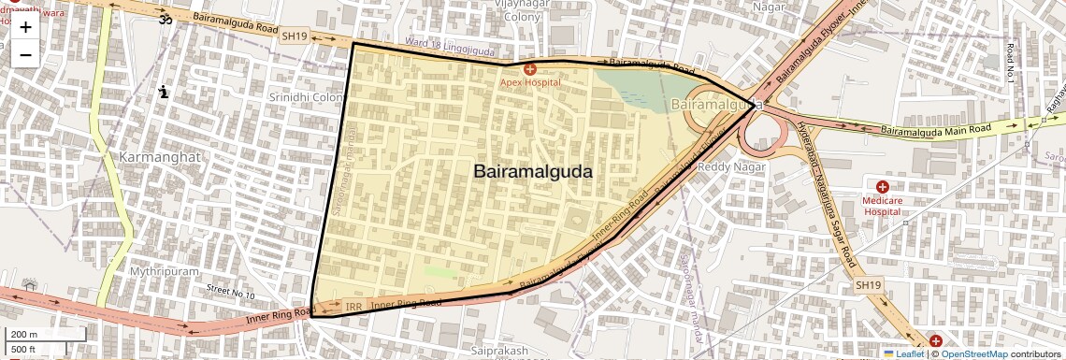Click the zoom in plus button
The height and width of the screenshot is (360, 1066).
25,26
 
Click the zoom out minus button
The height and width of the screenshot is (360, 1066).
25,54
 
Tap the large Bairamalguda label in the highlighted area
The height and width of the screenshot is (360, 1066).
533,172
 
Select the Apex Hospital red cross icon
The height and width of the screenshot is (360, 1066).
530,68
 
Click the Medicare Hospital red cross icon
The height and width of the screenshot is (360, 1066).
882,187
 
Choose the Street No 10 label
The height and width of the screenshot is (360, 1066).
230,294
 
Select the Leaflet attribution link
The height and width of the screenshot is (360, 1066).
903,354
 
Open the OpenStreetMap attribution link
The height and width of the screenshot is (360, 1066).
973,354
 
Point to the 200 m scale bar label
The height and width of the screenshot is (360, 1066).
24,335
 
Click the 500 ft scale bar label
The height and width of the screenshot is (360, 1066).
24,349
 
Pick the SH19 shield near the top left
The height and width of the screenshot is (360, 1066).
294,36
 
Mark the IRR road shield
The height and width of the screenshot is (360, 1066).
353,307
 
